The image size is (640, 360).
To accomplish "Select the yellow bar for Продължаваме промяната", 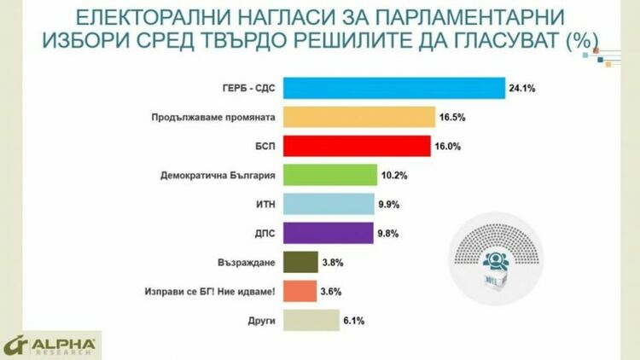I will point(358,117).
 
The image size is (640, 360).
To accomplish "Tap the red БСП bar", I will point(356,146).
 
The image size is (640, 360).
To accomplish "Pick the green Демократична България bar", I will point(329,175).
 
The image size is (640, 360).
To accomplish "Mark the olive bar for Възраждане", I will point(300,262).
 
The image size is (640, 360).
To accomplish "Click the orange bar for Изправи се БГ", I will point(300,291).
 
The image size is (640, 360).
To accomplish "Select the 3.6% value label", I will point(331,291).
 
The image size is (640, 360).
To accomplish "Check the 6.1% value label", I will point(354,320).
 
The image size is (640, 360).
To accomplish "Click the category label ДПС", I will point(262,233).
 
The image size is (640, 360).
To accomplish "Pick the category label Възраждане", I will point(247,262).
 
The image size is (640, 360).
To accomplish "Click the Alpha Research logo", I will point(51,345).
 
